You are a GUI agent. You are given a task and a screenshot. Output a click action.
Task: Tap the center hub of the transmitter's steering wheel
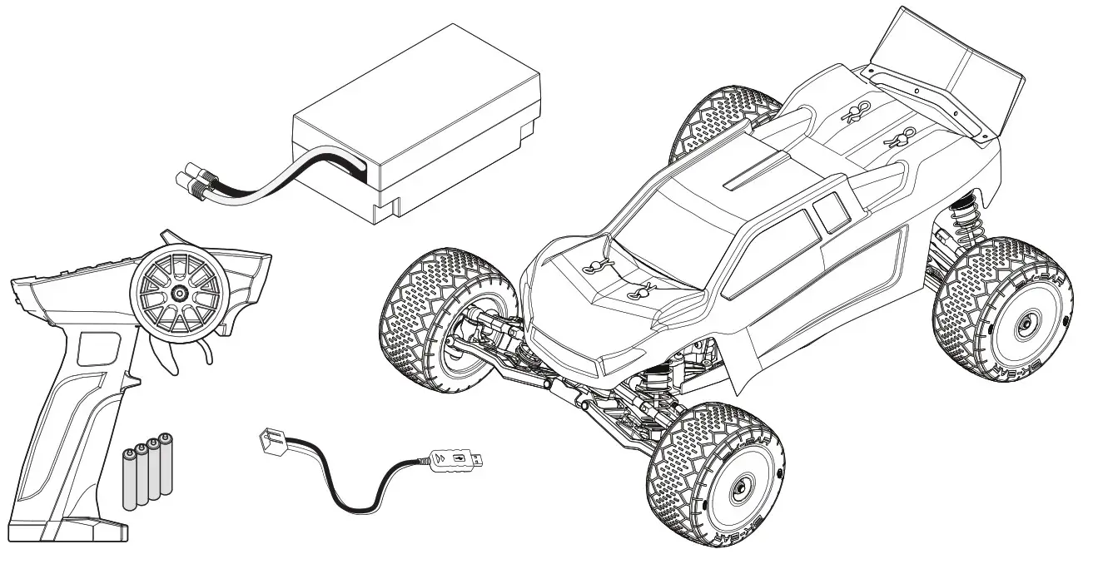coord(178,294)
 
